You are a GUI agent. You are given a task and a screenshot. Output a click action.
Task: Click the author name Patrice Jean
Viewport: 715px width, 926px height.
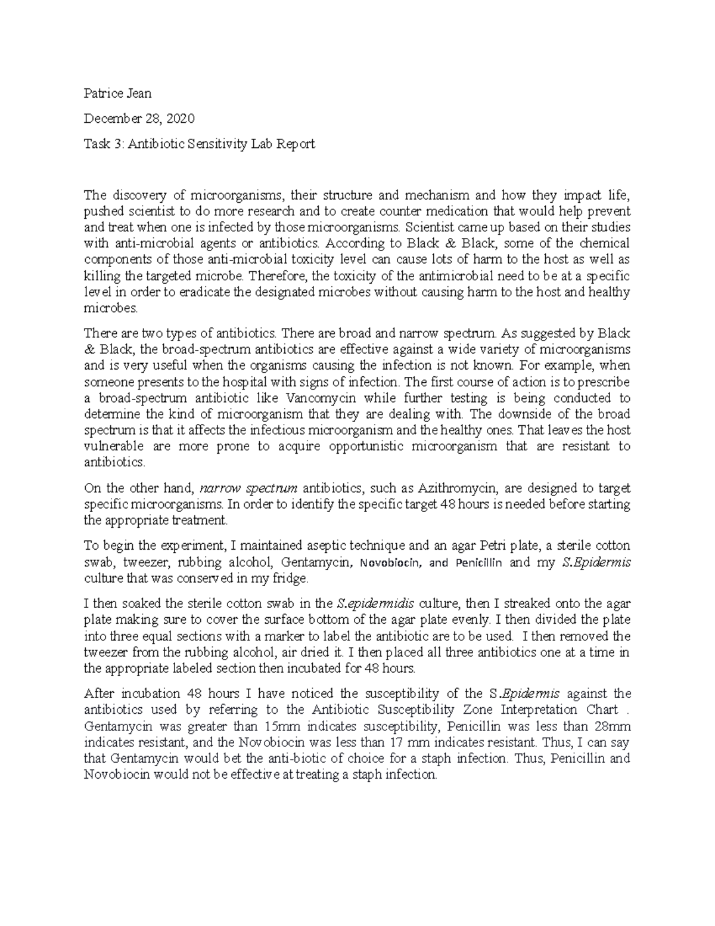pyautogui.click(x=117, y=93)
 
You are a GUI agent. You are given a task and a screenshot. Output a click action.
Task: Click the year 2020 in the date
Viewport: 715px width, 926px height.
pyautogui.click(x=181, y=119)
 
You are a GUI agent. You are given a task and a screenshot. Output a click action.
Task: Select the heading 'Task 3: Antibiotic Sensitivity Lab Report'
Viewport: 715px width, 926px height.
pyautogui.click(x=199, y=144)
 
